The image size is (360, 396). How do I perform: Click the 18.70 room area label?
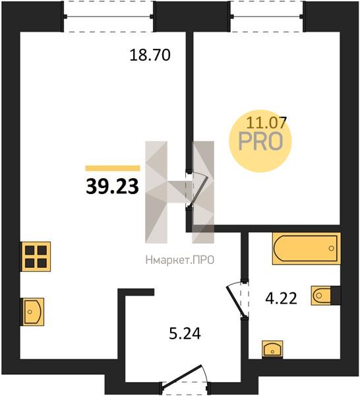point(150,55)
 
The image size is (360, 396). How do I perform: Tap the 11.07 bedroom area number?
point(266,123)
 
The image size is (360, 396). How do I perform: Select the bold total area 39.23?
point(112,186)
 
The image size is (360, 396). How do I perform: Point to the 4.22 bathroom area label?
point(281,298)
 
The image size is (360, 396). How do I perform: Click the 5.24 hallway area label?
point(185,334)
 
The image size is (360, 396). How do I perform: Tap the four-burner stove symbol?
point(36,257)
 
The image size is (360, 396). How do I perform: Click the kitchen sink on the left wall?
point(33,312)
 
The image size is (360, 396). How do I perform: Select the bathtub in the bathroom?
point(306,249)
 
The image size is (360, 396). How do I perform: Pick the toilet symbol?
point(321,296)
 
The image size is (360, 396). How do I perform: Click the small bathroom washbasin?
point(272,349)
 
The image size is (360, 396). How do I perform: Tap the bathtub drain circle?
point(331,249)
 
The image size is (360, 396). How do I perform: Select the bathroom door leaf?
point(236,302)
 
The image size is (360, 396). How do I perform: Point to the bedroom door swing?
point(198,191)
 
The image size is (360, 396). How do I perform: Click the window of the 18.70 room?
point(108,16)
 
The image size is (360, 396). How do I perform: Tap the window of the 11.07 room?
point(266,16)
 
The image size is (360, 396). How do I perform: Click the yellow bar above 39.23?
point(113,168)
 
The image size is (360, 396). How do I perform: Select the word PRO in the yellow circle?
point(260,141)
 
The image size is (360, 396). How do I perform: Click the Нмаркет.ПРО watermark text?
point(180,260)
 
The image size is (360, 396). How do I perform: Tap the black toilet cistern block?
point(336,296)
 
